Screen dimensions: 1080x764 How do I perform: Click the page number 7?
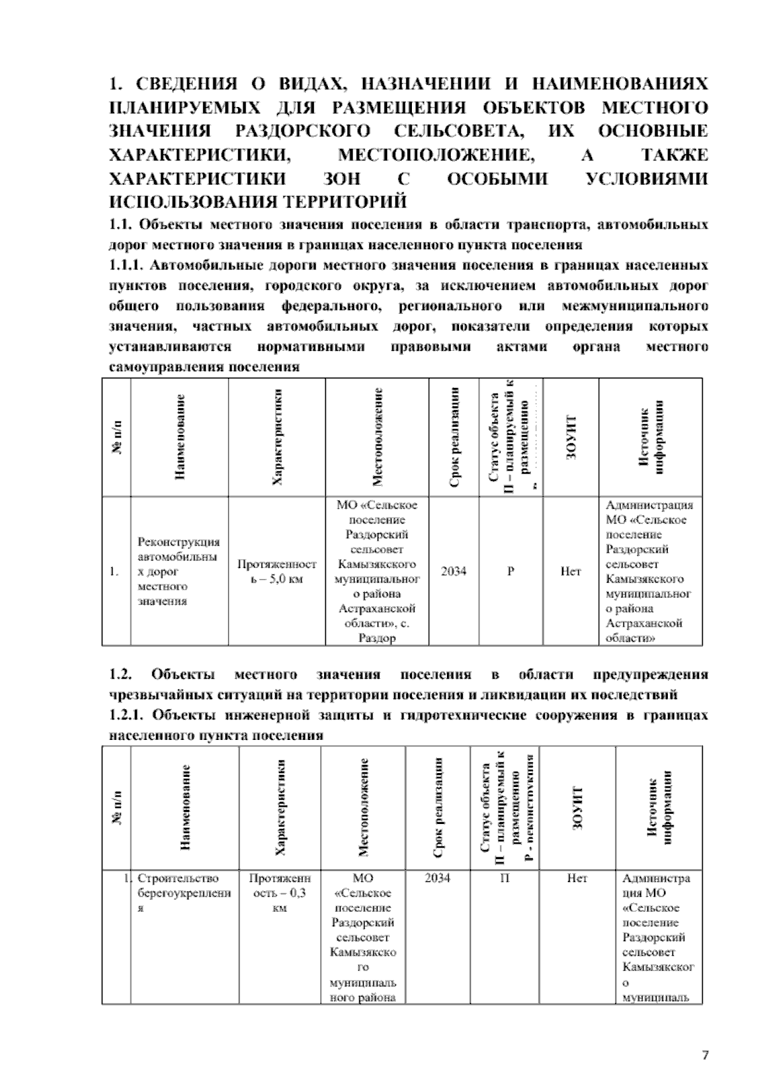[x=705, y=1055]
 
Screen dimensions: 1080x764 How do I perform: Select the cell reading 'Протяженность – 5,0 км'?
[x=276, y=571]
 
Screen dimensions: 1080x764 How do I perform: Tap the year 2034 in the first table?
[x=453, y=571]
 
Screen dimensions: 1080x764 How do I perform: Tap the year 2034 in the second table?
[x=437, y=878]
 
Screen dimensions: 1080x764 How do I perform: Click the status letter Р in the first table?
[x=511, y=571]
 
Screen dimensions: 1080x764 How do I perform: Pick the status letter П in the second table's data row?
[x=504, y=878]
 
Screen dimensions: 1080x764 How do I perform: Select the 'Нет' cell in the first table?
[x=570, y=571]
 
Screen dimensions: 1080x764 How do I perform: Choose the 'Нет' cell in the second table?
[x=577, y=878]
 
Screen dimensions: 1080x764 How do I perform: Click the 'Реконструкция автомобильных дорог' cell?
[x=179, y=571]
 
